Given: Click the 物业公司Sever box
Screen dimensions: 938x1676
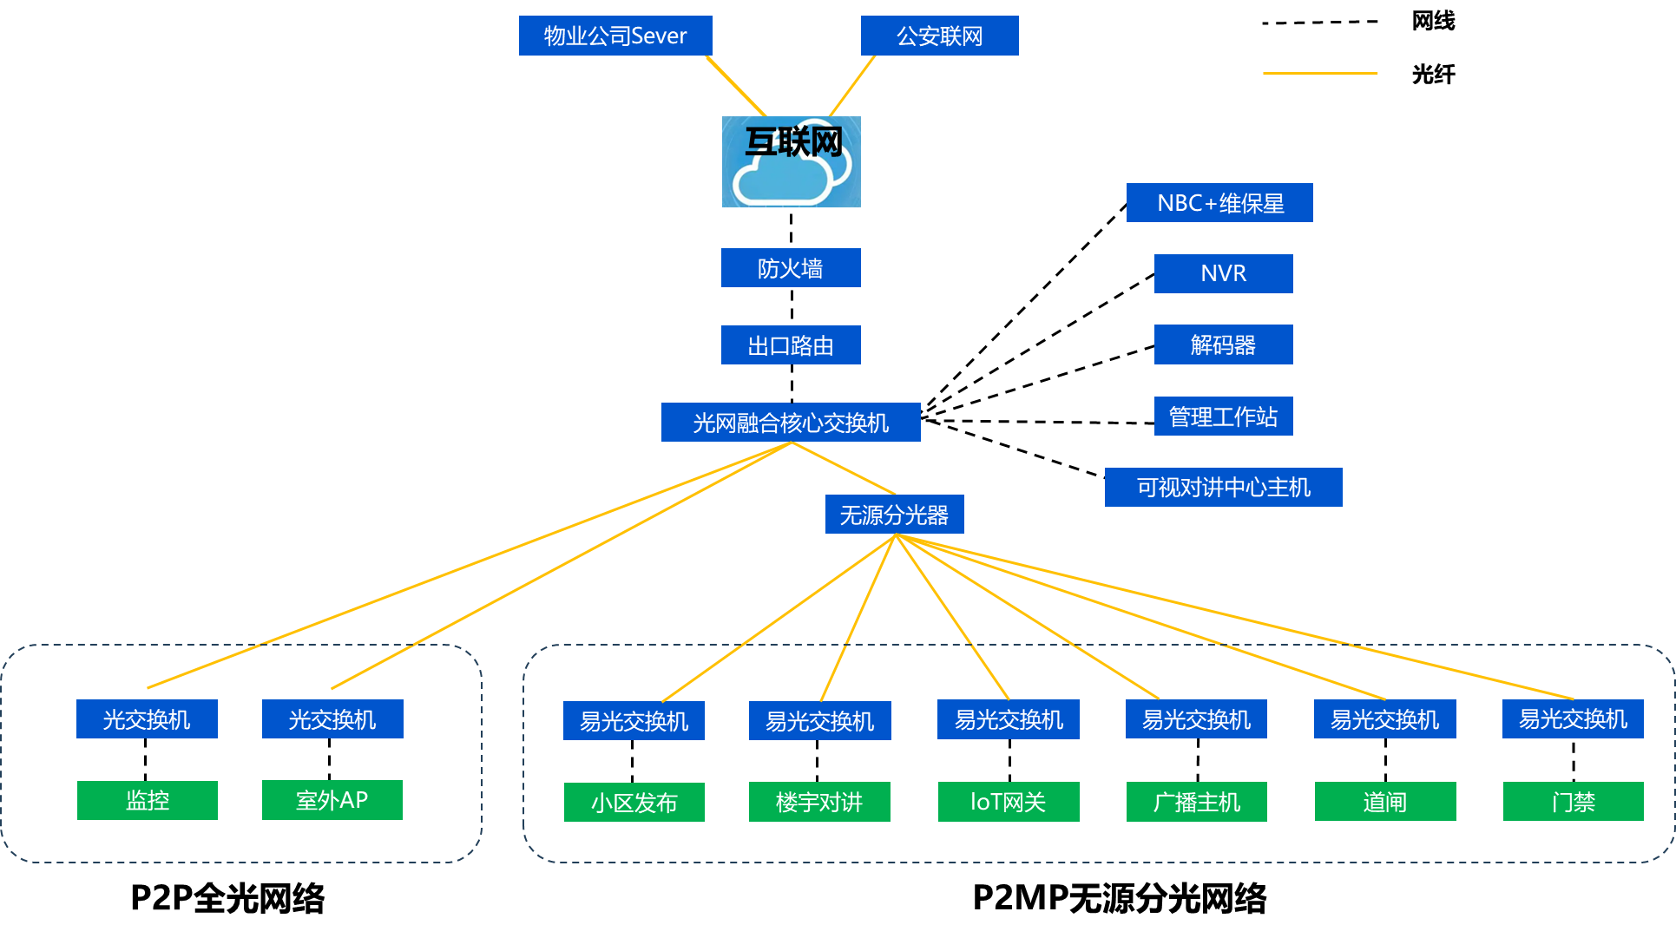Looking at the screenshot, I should point(615,36).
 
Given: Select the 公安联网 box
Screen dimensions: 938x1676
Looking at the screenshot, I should point(939,36).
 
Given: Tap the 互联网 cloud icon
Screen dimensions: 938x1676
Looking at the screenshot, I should point(791,162).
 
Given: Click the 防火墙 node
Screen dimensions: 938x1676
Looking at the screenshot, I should point(791,268).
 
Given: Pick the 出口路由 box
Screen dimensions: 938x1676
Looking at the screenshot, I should point(791,345).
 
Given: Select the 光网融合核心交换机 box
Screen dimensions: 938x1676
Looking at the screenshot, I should point(791,423).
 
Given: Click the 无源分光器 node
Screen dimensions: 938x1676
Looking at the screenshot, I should point(894,515).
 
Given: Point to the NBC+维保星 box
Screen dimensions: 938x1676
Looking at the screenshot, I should point(1219,203).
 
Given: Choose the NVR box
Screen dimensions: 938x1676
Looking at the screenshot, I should point(1223,273).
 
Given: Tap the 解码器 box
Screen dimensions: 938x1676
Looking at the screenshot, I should point(1223,344).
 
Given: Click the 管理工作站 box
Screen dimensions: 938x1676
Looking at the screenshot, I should point(1223,417).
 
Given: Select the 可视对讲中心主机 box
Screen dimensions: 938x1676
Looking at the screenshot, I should point(1223,488).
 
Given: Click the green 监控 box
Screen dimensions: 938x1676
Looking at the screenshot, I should point(148,800).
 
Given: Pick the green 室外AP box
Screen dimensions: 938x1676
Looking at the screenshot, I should point(332,800).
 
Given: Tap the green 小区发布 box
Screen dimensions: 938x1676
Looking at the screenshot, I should point(634,803).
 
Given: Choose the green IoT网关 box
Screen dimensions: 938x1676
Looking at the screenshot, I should point(1009,802).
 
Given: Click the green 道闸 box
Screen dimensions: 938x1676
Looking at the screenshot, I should point(1385,802).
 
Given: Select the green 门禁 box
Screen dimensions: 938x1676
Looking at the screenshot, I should point(1573,802).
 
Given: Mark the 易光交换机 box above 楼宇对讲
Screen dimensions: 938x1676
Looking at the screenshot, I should point(820,721).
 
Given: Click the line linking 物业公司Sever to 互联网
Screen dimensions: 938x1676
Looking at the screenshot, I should point(736,86).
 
